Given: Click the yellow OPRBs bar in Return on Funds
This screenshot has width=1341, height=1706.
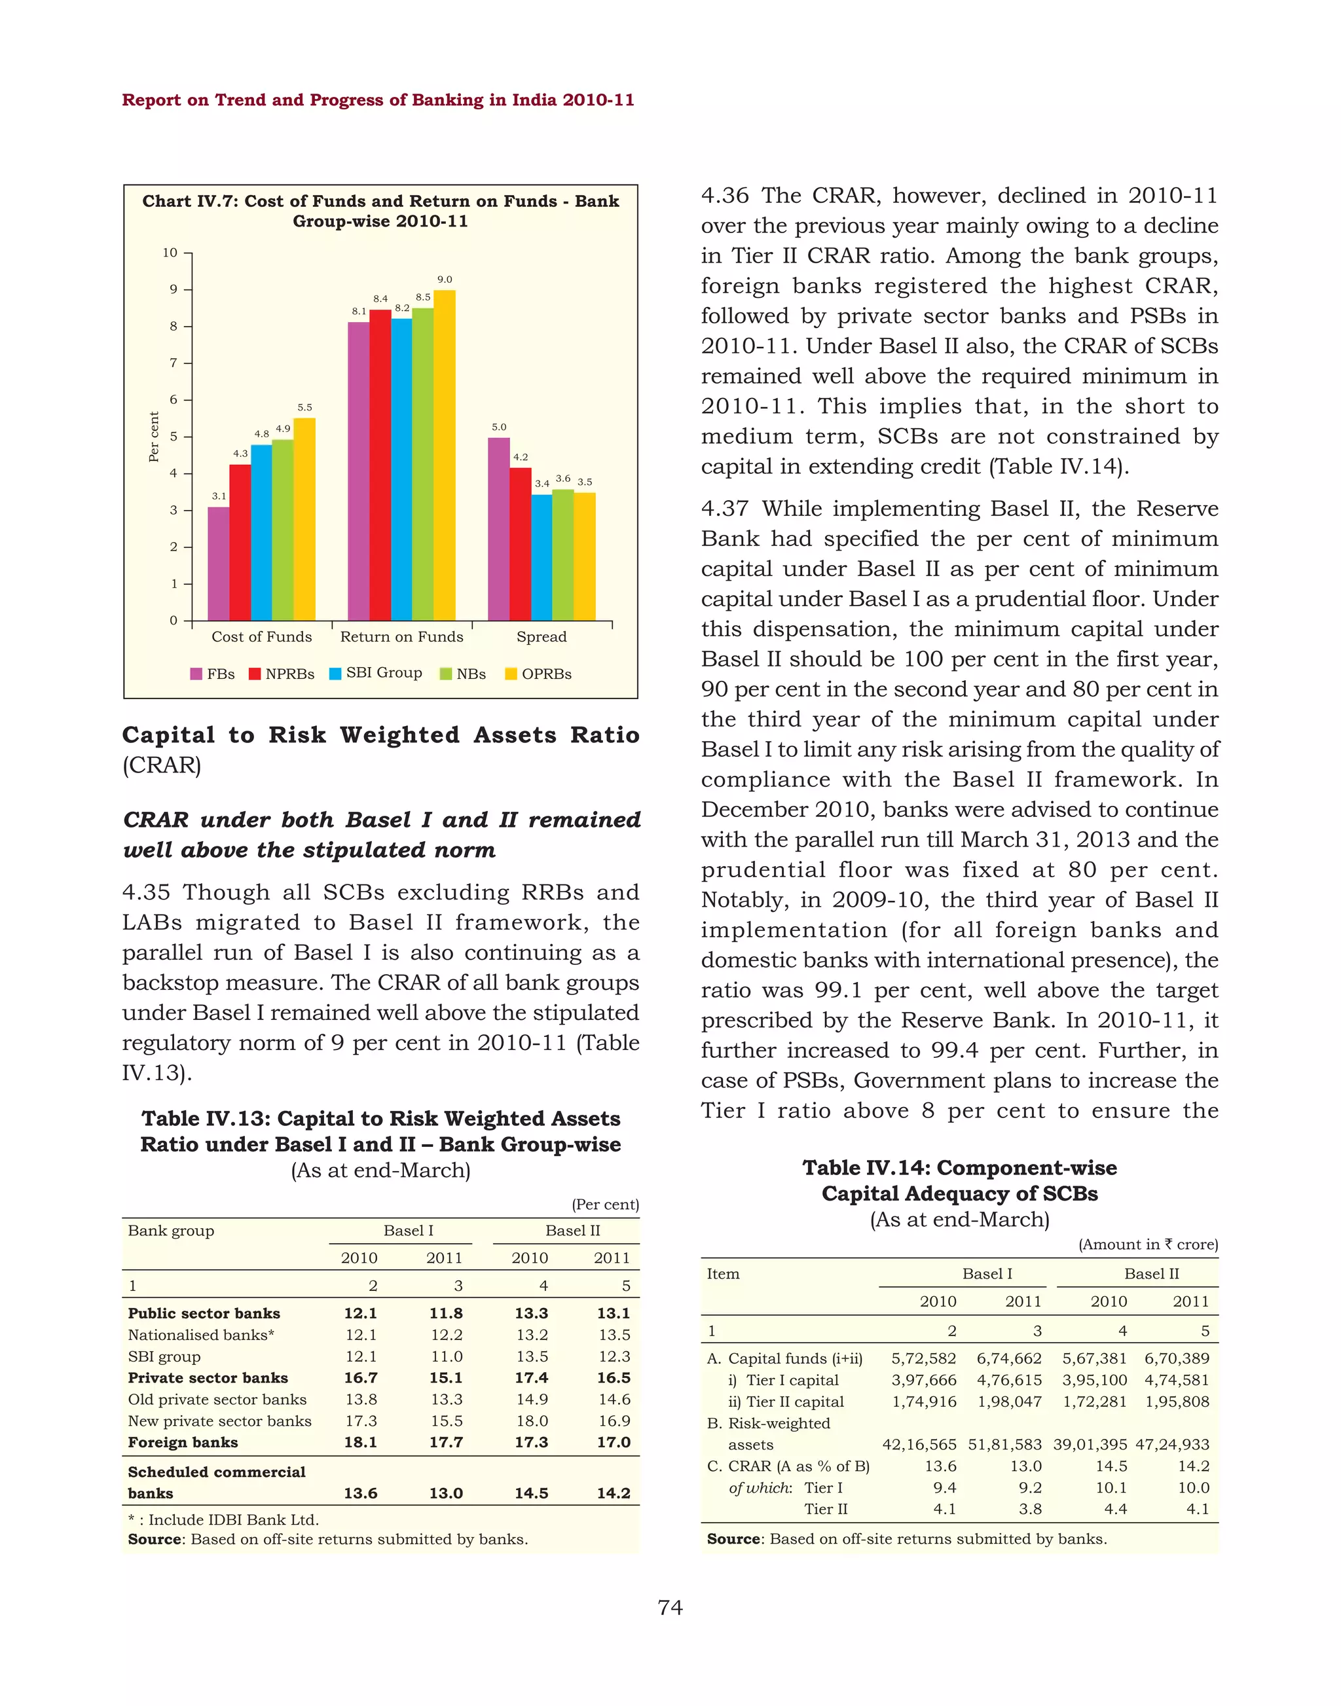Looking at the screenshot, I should tap(445, 456).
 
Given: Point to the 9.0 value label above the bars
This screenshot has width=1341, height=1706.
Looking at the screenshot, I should tap(445, 280).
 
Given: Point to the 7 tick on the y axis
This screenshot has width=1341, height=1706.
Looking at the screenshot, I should tap(174, 363).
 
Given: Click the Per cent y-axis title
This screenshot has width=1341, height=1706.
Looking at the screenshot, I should tap(154, 437).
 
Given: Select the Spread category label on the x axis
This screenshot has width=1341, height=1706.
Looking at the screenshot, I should tap(541, 637).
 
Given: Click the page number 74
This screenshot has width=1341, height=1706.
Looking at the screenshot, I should tap(670, 1607).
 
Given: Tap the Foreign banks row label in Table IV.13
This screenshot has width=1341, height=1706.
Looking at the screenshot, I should tap(183, 1442).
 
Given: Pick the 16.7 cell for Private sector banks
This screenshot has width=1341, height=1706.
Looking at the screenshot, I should tap(360, 1378).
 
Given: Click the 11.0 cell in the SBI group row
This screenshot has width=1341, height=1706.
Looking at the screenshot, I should tap(446, 1356).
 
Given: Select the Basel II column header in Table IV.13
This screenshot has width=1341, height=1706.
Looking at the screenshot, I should tap(572, 1230).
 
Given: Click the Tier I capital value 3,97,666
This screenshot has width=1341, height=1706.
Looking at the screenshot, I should tap(923, 1380).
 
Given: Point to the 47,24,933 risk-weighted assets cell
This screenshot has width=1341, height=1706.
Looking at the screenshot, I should tap(1171, 1445).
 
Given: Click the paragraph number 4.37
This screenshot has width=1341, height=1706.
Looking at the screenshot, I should tap(724, 509).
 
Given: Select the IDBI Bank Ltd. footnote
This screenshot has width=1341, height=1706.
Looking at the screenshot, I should tap(224, 1519).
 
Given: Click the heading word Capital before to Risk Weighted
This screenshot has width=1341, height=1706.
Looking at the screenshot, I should tap(168, 735).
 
